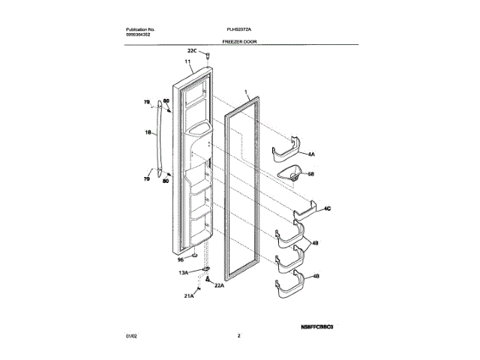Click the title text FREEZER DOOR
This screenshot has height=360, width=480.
coord(240,42)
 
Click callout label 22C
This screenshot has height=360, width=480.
coord(192,51)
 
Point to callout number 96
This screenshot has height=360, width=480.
coord(180,259)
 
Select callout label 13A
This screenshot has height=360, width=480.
coord(183,273)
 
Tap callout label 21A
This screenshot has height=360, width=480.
coord(189,296)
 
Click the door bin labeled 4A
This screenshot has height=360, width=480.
coord(286,150)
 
